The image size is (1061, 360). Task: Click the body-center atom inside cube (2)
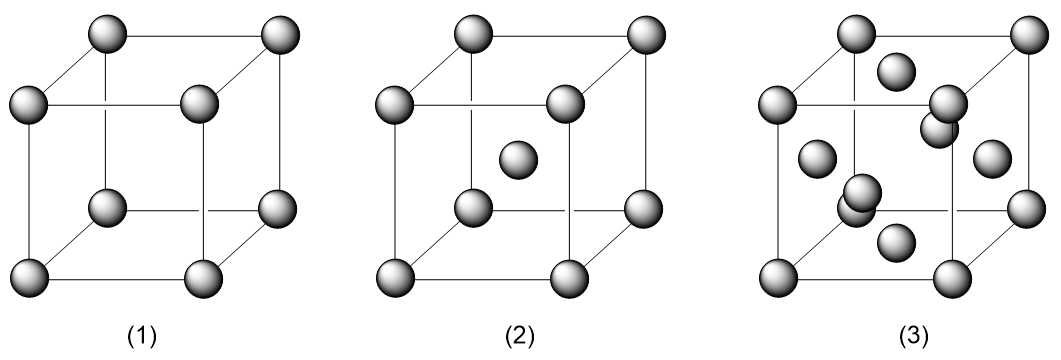[518, 158]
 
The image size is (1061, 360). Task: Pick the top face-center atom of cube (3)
[898, 70]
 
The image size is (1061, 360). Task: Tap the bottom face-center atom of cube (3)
[896, 240]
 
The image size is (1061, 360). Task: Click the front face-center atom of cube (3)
[862, 189]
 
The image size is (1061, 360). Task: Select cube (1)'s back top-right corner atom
[279, 36]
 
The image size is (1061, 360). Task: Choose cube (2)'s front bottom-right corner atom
[567, 275]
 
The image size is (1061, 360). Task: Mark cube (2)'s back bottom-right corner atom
[644, 208]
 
